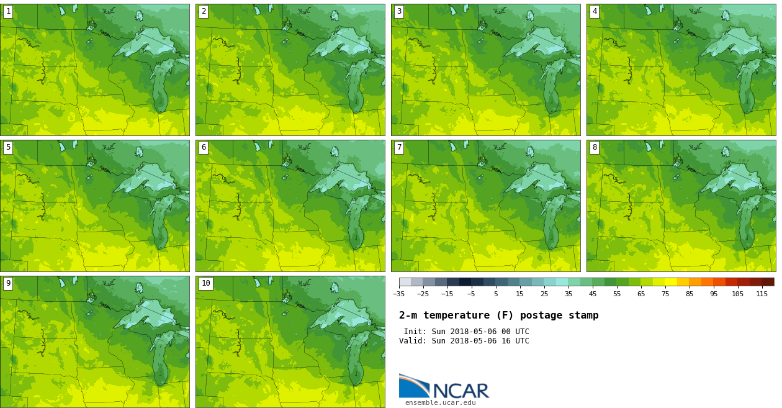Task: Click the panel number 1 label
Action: point(8,11)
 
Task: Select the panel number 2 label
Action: point(204,11)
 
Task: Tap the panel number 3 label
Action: point(399,11)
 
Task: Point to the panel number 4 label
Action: point(595,11)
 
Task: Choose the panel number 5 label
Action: point(8,147)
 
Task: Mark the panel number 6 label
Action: point(204,147)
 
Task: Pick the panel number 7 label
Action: point(399,147)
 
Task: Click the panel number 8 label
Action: point(595,147)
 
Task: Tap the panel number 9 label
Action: point(8,283)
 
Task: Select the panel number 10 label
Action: point(205,283)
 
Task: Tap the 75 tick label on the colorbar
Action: point(665,294)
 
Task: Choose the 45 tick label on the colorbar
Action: point(593,294)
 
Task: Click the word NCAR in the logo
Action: point(461,391)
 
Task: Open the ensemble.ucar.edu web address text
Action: point(440,402)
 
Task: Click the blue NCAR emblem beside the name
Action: point(413,386)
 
